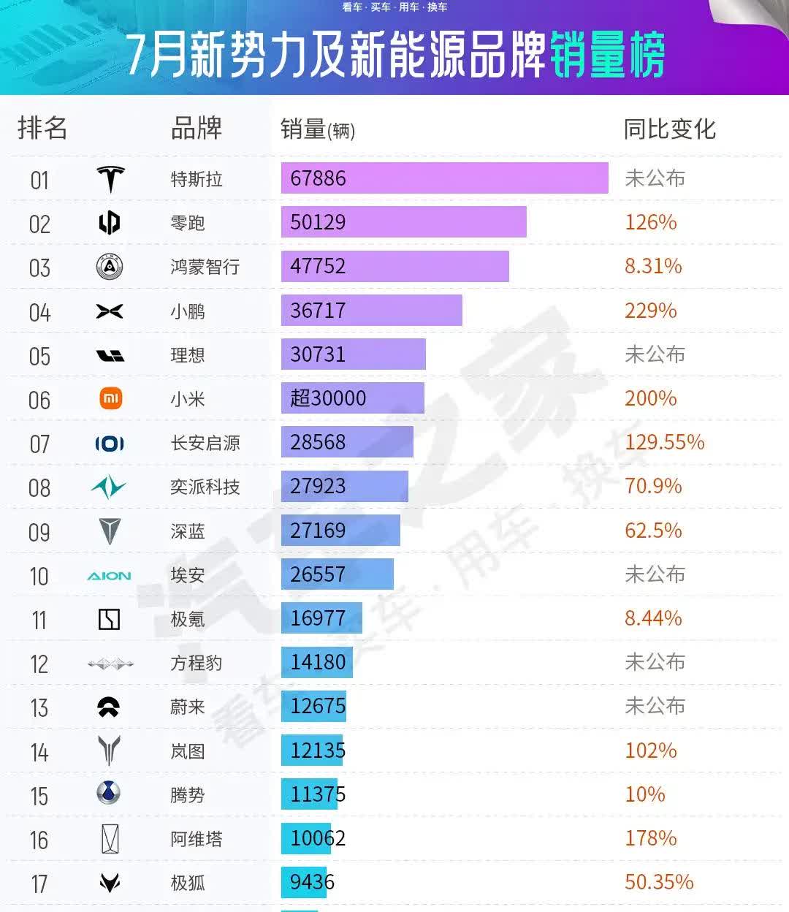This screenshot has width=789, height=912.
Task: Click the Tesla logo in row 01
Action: click(110, 179)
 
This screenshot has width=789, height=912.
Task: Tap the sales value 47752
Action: click(318, 266)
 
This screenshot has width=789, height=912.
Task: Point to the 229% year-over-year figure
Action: click(650, 311)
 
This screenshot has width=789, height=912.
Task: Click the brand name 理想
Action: click(188, 355)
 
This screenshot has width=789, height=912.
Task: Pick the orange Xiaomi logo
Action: click(110, 398)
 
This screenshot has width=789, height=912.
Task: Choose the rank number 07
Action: click(39, 444)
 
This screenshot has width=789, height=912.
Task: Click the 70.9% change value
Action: click(653, 486)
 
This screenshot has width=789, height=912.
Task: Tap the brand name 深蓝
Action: click(188, 531)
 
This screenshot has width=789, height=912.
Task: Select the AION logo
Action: click(109, 576)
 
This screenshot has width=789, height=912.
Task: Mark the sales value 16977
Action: click(318, 618)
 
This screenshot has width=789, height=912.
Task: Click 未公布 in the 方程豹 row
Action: click(655, 662)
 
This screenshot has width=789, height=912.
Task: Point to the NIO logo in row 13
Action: click(109, 707)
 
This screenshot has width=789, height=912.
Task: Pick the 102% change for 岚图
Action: click(650, 750)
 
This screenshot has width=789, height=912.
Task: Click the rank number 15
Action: click(39, 796)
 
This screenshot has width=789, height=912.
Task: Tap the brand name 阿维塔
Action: click(196, 839)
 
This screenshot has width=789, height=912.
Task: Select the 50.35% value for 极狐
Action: click(658, 882)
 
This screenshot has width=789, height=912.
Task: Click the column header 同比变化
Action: click(669, 129)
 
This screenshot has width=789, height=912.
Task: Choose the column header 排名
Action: click(42, 128)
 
